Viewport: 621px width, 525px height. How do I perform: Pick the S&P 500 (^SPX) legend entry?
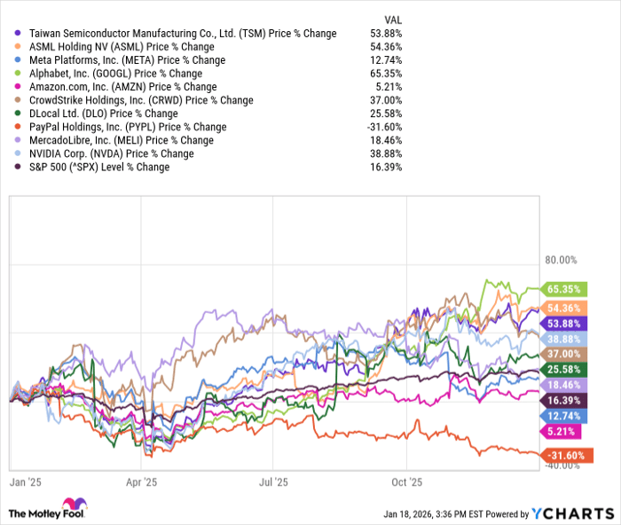(98, 167)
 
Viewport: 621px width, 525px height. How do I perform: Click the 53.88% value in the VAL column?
(386, 34)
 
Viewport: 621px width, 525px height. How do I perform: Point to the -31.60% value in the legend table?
(384, 127)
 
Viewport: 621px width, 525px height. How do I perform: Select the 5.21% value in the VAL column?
(389, 87)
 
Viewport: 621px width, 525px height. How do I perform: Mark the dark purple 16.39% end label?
(562, 401)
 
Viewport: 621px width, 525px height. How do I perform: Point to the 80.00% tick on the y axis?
(561, 260)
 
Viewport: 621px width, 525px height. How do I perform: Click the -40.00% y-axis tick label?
(561, 467)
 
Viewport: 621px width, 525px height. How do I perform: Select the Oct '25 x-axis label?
(405, 483)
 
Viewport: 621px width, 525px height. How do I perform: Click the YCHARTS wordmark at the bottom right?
(571, 513)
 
